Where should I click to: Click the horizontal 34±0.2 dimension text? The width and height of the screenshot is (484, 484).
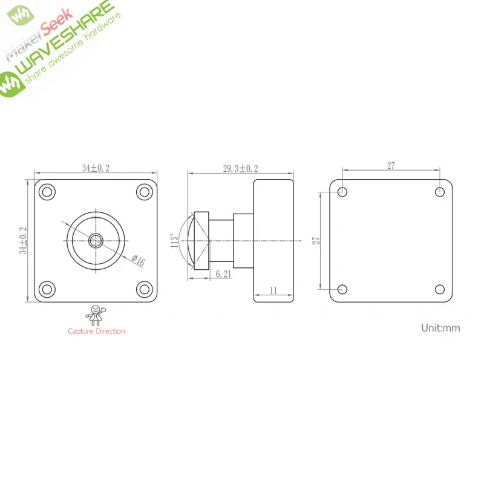point(96,168)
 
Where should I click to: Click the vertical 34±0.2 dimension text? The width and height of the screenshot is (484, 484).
point(23,240)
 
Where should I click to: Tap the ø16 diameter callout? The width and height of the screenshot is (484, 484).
point(139,261)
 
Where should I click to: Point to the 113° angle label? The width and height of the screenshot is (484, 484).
point(175,241)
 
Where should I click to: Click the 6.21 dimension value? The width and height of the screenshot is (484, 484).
point(224,274)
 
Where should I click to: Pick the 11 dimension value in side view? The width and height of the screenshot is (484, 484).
point(273,291)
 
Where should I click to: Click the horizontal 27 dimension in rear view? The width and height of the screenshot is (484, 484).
point(391,166)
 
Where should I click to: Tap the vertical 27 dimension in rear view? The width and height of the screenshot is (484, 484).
point(316,240)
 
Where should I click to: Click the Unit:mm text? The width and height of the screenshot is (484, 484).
point(440,328)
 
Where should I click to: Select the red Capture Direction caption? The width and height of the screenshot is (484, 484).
point(96,331)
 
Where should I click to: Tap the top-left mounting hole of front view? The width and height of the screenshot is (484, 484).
point(47,192)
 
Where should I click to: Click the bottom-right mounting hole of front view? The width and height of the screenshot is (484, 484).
point(144,289)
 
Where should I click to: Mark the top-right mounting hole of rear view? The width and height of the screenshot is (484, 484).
point(440,192)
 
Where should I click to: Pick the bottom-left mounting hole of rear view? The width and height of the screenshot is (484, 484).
point(342,289)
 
